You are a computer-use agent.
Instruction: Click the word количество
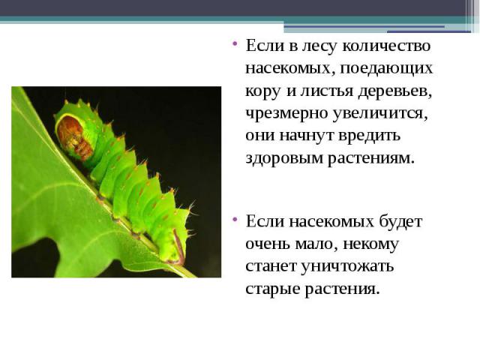point(386,46)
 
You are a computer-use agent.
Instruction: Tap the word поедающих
point(386,68)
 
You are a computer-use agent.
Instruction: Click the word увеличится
point(380,114)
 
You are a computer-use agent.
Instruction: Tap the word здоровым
point(283,158)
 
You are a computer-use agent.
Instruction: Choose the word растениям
point(371,159)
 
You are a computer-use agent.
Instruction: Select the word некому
point(370,244)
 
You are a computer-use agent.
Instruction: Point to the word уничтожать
point(346,266)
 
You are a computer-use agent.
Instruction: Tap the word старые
point(272,289)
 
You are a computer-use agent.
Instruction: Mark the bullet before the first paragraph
point(235,43)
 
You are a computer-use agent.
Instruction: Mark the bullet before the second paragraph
point(235,219)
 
